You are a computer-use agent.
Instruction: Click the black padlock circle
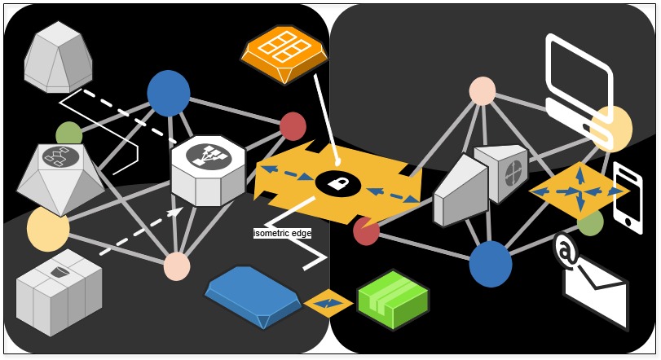(338, 183)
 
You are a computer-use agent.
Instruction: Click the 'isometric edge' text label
(283, 234)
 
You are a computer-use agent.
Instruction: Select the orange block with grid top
(284, 53)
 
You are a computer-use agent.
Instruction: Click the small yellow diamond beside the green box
(328, 304)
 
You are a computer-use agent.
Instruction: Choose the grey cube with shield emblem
(59, 292)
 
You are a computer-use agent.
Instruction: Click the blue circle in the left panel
(169, 93)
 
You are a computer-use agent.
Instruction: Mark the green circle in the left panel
(69, 135)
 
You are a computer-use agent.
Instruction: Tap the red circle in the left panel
(293, 126)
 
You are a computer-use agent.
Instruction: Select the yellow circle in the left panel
(48, 229)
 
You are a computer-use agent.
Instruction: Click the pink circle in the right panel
(483, 91)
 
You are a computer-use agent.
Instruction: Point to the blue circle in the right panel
(491, 264)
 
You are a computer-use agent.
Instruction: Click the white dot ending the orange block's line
(337, 162)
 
